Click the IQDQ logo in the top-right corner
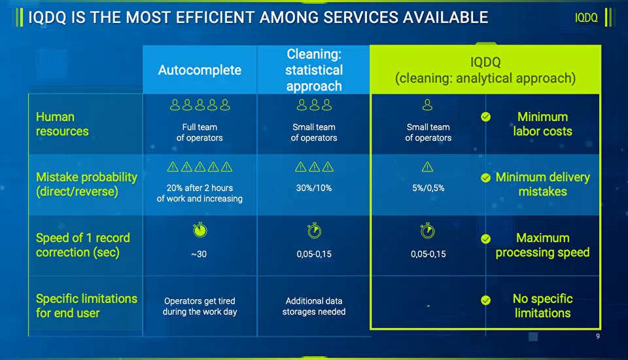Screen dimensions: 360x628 tap(586, 18)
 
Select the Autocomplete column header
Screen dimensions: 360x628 tap(200, 70)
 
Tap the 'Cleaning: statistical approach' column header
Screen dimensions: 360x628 tap(314, 69)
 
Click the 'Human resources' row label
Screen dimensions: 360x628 tap(62, 124)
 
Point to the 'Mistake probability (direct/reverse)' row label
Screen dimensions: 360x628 tap(86, 184)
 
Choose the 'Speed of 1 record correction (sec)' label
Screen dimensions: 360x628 tap(83, 245)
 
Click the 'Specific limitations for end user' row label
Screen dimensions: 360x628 tap(86, 306)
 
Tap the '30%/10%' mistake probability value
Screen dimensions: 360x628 tap(314, 188)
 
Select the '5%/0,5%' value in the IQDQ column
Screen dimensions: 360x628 tap(428, 188)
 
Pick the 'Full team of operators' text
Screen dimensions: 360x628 tap(200, 132)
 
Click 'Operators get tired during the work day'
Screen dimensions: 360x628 tap(200, 306)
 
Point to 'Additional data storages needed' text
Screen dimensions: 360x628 tap(314, 306)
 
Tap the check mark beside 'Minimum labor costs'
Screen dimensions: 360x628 tap(485, 117)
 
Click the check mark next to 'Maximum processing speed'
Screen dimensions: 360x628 tap(485, 239)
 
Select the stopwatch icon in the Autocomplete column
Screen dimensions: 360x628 tap(200, 230)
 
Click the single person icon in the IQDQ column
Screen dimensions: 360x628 tap(428, 104)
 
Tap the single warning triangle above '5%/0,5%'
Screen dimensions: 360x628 tap(428, 168)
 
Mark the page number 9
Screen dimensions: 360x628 tap(598, 336)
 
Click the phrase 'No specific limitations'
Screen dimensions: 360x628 tap(542, 306)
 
